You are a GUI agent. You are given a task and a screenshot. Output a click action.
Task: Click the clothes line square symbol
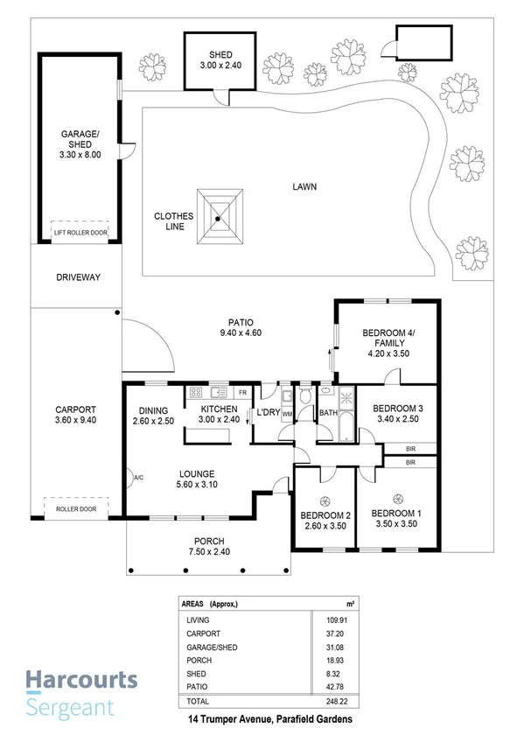pos(218,219)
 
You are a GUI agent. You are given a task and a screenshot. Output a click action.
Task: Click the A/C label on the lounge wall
pos(137,477)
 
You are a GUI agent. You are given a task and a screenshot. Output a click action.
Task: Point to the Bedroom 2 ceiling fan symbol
pos(325,500)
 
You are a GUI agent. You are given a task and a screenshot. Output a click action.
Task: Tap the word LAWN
pos(304,186)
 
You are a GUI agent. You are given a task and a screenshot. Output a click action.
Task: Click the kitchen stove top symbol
pos(196,392)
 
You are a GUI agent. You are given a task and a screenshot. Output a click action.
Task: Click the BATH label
pos(329,412)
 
